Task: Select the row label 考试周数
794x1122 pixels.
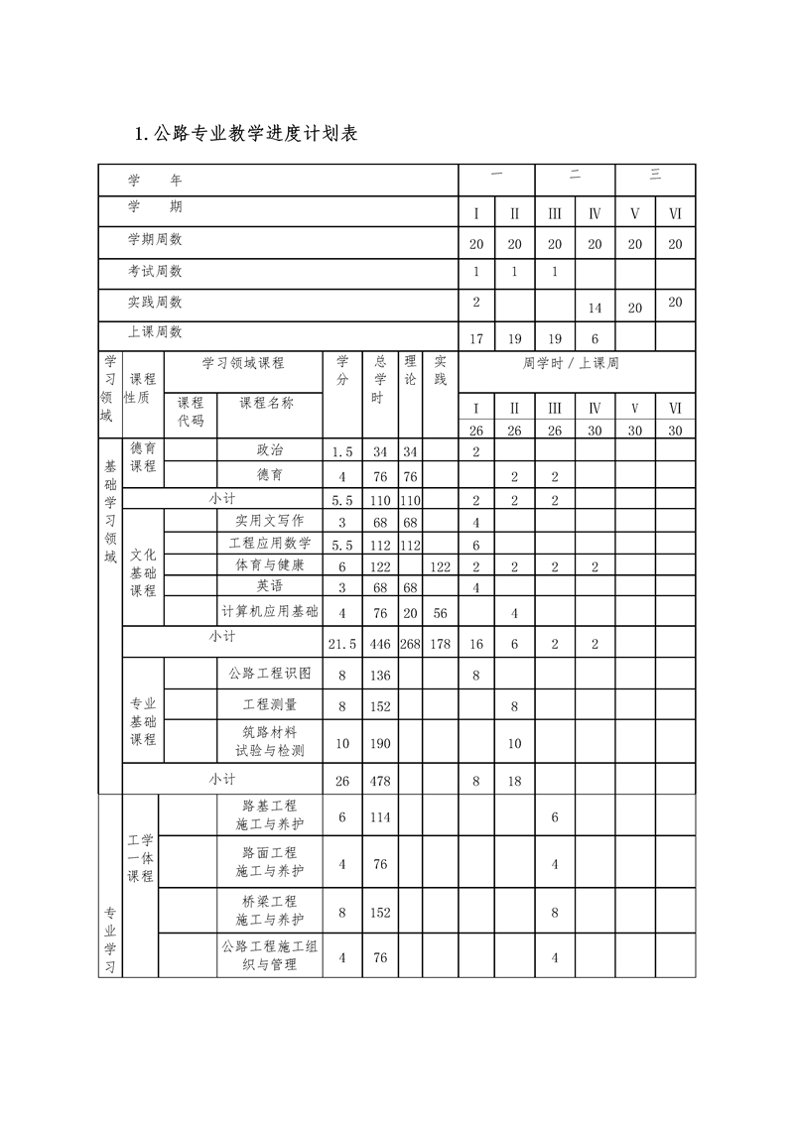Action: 155,271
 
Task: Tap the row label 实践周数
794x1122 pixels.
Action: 155,302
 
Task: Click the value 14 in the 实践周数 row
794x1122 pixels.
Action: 595,309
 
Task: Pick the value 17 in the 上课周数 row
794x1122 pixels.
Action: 476,339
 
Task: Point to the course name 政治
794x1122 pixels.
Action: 270,451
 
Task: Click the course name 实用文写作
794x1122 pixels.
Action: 270,521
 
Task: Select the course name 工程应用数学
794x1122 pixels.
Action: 270,544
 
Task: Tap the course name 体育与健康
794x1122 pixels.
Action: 270,565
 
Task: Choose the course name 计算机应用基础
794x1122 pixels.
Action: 270,612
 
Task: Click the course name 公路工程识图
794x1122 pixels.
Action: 270,674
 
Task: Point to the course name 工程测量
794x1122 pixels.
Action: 270,705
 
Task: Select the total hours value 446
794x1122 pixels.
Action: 380,644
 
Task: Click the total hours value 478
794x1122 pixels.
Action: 380,781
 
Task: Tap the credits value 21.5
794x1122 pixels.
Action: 342,644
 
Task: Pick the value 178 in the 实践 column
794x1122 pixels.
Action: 441,644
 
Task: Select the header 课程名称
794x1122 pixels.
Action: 267,403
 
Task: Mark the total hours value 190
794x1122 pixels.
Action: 380,743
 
